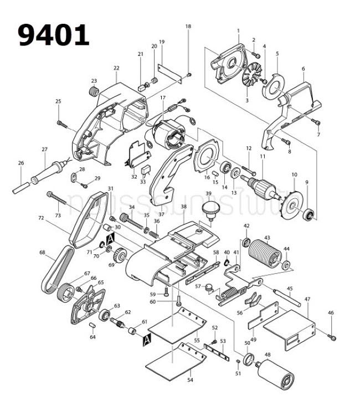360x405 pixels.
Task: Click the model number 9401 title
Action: coord(54,35)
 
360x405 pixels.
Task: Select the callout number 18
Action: coord(188,27)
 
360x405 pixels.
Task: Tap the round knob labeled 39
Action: coord(209,209)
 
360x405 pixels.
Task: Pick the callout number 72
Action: coord(41,219)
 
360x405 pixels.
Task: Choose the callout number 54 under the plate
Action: coord(190,380)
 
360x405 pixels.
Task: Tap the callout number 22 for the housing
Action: coord(116,68)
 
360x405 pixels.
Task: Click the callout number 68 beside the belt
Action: coord(42,253)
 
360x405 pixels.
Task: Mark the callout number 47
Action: coord(307,300)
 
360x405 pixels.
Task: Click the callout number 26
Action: coord(21,163)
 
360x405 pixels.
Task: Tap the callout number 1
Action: coord(238,30)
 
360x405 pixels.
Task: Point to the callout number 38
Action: coord(183,207)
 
